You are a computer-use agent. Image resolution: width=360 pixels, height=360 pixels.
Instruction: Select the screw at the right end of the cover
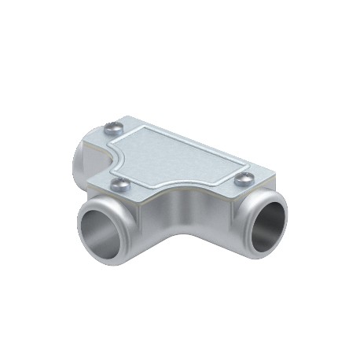(x=244, y=178)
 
